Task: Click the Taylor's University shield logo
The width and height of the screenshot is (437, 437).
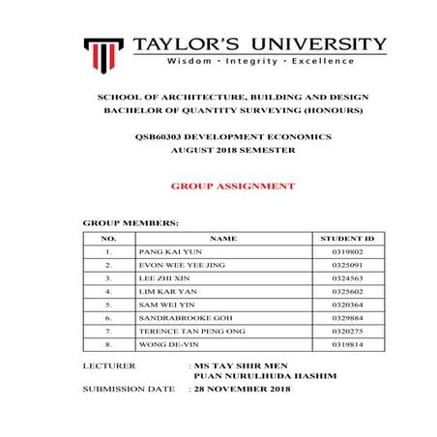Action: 102,52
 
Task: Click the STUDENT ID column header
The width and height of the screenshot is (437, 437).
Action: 346,237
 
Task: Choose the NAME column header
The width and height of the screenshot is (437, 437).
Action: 222,237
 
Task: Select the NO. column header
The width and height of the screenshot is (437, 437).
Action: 109,237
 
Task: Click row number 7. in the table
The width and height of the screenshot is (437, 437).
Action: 109,330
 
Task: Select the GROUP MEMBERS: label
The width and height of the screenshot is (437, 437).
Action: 131,222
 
